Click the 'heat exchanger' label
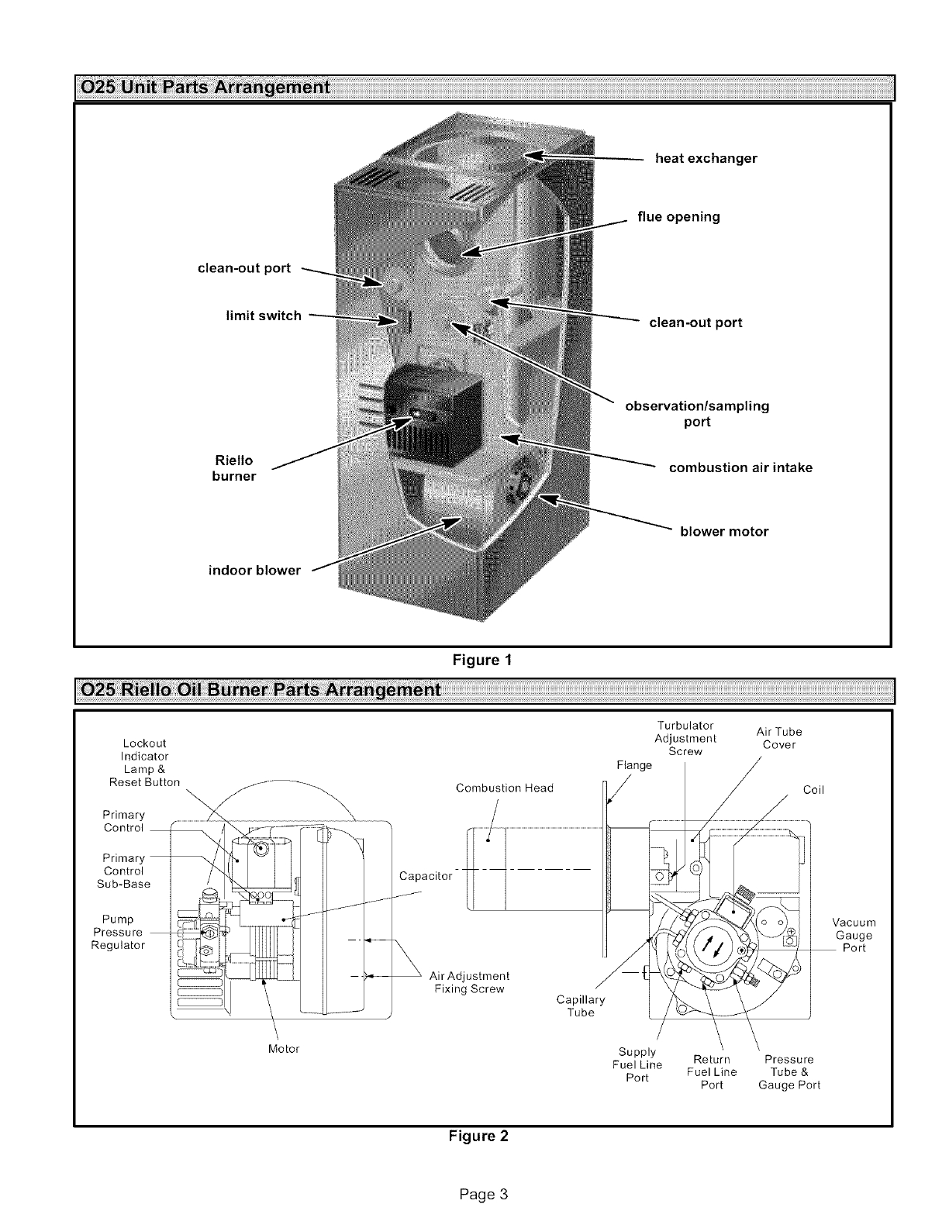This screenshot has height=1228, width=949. [706, 158]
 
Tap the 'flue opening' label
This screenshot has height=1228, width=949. [678, 216]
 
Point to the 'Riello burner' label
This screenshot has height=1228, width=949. [233, 468]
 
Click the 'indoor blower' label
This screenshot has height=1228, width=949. [254, 570]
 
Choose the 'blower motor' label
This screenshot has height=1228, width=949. [724, 531]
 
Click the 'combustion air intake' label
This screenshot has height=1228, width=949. [740, 467]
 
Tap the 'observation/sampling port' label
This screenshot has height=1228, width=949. [697, 413]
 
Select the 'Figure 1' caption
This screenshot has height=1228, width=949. [482, 660]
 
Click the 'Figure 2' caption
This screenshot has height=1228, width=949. [479, 1137]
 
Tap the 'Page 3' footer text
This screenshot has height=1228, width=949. [482, 1193]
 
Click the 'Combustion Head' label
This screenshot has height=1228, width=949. [505, 788]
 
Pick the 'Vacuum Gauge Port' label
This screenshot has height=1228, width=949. [854, 935]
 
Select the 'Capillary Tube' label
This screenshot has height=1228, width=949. [580, 1006]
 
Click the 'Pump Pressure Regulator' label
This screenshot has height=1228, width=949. [118, 932]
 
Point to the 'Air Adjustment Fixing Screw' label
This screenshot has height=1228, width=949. [469, 982]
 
